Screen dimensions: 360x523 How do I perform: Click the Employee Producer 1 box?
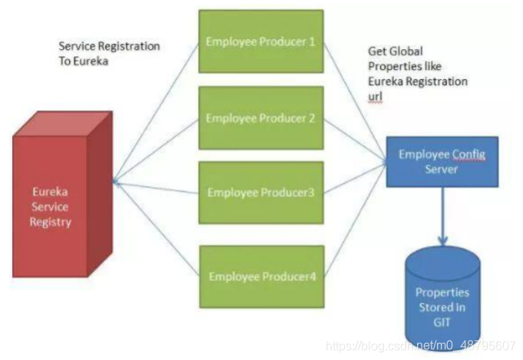tap(260, 41)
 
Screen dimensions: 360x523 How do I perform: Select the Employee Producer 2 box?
tap(260, 118)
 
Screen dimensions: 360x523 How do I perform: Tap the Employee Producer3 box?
tap(260, 192)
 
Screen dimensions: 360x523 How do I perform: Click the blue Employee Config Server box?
tap(442, 162)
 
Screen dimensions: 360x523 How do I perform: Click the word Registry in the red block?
tap(51, 223)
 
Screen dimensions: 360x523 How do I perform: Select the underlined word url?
tap(376, 98)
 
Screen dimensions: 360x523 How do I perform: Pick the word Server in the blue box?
tap(442, 169)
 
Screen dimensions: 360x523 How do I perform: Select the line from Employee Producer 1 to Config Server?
tap(353, 100)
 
